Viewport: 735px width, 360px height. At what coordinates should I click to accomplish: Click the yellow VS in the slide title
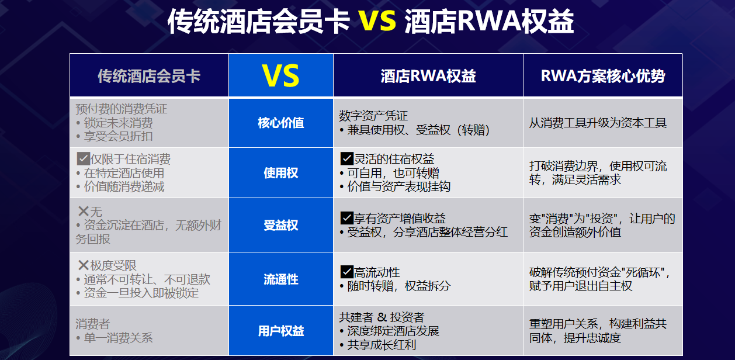(377, 20)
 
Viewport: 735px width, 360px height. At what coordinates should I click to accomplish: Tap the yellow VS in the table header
(281, 76)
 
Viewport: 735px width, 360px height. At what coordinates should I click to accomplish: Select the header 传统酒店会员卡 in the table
(149, 76)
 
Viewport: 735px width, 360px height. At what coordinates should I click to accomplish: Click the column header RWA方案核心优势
(603, 76)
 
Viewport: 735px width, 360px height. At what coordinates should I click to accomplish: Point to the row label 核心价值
(281, 123)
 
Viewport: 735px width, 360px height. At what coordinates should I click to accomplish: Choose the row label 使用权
(281, 173)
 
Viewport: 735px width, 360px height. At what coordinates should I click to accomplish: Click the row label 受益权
(281, 225)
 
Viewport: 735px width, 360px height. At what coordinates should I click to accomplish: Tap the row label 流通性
(281, 279)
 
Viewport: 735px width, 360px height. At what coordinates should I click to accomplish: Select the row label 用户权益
(281, 331)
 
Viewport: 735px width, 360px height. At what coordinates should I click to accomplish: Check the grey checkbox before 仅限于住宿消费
(84, 159)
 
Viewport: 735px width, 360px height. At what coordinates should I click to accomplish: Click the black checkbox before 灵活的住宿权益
(347, 158)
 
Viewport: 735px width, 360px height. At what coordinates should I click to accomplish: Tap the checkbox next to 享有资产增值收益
(347, 218)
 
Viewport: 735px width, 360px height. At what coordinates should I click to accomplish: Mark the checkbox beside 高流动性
(347, 272)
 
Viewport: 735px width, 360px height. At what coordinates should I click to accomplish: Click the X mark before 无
(84, 211)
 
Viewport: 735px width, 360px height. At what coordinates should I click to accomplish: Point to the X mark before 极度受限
(84, 265)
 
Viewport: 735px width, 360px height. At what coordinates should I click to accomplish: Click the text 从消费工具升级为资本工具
(598, 123)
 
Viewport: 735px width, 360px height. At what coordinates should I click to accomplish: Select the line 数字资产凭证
(373, 116)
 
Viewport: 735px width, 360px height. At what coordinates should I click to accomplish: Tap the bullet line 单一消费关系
(114, 338)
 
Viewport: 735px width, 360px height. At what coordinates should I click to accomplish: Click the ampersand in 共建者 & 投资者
(382, 317)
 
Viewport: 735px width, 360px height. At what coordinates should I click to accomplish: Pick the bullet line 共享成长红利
(377, 345)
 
